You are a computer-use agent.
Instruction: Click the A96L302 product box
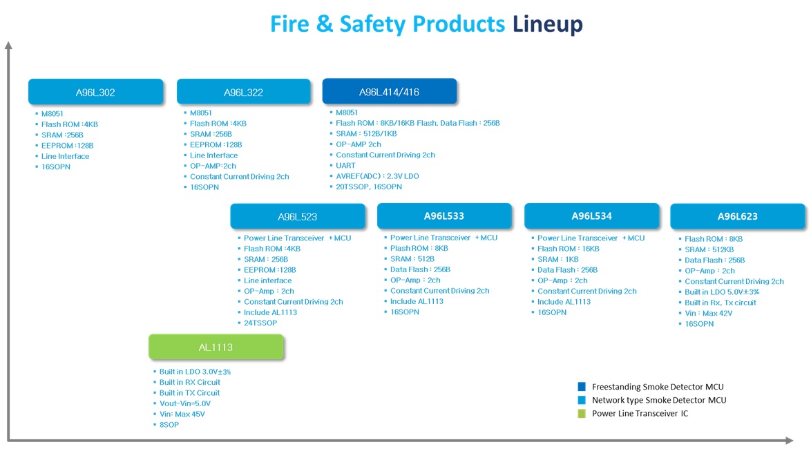click(x=96, y=92)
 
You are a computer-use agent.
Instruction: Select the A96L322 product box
click(x=244, y=92)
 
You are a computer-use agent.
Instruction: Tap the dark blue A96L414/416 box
click(x=390, y=92)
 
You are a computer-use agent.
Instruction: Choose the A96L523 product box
click(x=298, y=216)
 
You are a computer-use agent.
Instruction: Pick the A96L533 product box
click(x=444, y=216)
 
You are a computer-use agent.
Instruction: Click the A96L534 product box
click(x=592, y=216)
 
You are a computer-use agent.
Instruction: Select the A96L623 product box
click(x=738, y=216)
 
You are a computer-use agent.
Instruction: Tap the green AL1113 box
click(x=216, y=347)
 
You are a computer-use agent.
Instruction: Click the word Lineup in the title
click(x=548, y=23)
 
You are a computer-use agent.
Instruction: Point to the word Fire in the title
click(x=289, y=23)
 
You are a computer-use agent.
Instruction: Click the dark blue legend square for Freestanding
click(x=582, y=386)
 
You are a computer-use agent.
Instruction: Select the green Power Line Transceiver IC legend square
click(x=582, y=413)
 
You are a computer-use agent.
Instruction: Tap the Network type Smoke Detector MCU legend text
click(x=659, y=400)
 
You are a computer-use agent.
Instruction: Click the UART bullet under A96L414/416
click(x=345, y=166)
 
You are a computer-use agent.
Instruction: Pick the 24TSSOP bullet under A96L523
click(x=260, y=323)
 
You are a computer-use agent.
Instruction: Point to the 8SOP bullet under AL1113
click(x=169, y=425)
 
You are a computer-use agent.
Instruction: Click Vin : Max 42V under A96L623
click(x=708, y=313)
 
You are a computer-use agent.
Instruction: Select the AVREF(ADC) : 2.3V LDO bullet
click(x=378, y=176)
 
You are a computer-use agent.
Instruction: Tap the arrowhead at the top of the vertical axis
click(x=8, y=45)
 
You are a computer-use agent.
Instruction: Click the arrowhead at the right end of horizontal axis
click(x=790, y=440)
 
